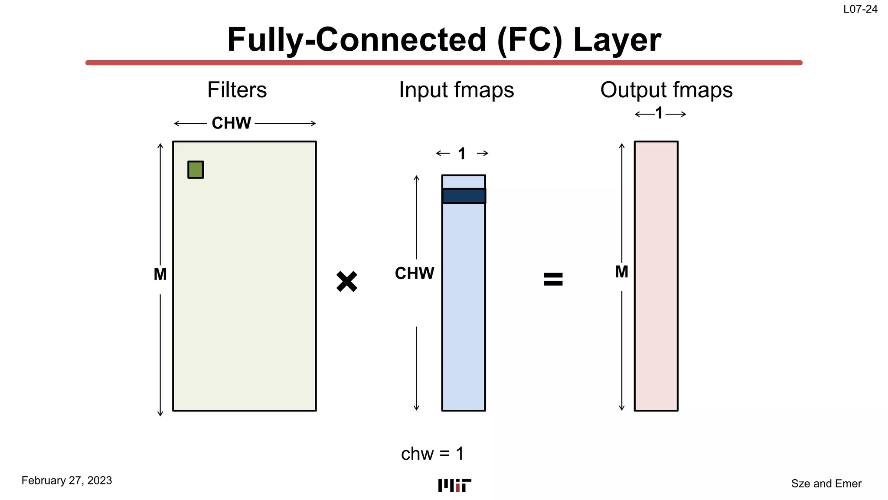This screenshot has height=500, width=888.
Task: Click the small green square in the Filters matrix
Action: tap(196, 170)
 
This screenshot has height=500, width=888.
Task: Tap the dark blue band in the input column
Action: tap(464, 196)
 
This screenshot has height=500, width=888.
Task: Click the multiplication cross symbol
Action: tap(347, 282)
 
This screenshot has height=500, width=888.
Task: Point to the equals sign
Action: tap(553, 279)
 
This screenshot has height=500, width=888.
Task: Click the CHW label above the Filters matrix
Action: tap(231, 123)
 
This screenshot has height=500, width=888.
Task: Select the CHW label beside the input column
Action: tap(414, 273)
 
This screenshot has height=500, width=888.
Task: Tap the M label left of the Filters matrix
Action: tap(160, 274)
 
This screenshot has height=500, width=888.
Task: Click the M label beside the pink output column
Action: tap(621, 272)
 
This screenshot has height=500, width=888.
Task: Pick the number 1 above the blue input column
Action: tap(462, 154)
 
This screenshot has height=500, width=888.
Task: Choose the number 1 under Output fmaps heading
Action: tap(659, 114)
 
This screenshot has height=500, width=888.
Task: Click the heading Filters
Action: tap(237, 90)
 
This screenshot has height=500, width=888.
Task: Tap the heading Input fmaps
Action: tap(456, 90)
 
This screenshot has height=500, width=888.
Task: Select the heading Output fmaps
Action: tap(666, 90)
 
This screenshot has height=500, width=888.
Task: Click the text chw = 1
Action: tap(432, 454)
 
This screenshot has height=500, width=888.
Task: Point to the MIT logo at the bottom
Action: tap(454, 485)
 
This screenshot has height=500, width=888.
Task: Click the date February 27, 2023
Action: tap(67, 480)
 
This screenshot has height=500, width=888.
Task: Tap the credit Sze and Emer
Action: tap(826, 484)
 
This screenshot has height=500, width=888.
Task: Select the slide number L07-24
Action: tap(860, 9)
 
